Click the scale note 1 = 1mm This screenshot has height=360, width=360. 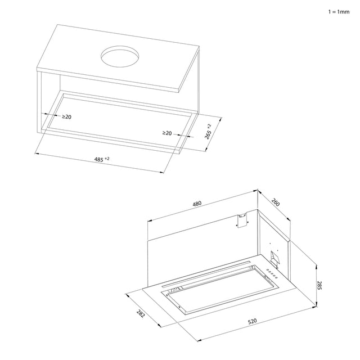click(339, 12)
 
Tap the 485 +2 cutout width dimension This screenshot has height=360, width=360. click(102, 159)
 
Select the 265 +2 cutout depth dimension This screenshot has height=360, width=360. click(208, 132)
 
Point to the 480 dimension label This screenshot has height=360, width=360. click(197, 204)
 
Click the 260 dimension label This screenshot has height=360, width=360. click(276, 202)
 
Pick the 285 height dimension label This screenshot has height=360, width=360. click(319, 285)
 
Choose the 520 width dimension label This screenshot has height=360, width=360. click(253, 321)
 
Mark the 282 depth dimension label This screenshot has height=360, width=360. click(141, 313)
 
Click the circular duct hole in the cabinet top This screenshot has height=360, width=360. click(120, 56)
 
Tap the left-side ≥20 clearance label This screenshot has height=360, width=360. click(66, 117)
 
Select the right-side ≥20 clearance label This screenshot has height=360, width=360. click(167, 133)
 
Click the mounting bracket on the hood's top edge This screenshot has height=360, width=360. click(242, 220)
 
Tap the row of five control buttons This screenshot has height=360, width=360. click(272, 274)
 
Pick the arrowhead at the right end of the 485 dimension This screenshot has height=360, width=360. click(162, 172)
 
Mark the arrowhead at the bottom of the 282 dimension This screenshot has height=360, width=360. click(159, 325)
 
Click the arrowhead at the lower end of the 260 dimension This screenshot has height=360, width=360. click(289, 219)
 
